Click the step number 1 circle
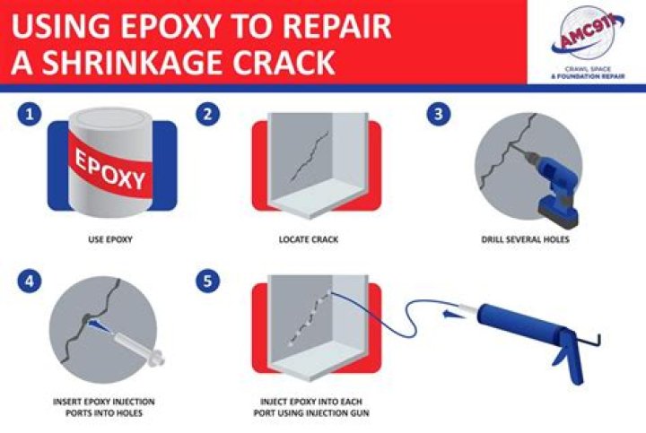(30, 114)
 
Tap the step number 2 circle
(207, 114)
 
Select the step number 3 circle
(439, 114)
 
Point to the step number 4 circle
(30, 281)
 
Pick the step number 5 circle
(207, 281)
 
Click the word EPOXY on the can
(110, 169)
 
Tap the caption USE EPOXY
(110, 239)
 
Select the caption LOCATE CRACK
(309, 239)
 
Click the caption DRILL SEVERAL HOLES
(525, 239)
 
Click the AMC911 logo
(588, 41)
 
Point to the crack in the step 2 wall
(310, 156)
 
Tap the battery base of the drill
(558, 214)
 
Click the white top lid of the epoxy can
(110, 119)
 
